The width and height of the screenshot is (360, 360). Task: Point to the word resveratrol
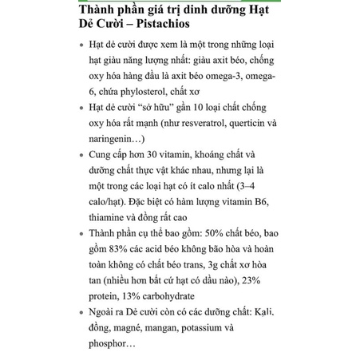tap(192, 122)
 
